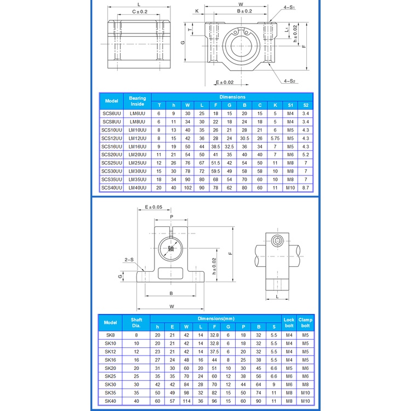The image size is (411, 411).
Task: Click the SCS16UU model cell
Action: [112, 146]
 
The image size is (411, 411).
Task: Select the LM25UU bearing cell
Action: [138, 163]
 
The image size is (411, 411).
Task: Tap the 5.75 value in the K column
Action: [275, 138]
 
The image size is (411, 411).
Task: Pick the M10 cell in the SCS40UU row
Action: [290, 187]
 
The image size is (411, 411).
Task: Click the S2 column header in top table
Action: [306, 105]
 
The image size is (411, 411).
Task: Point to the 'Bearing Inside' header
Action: [138, 101]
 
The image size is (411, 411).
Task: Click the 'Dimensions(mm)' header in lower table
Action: [216, 318]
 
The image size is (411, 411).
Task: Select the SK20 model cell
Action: [110, 368]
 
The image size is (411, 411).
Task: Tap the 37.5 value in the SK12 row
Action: [214, 351]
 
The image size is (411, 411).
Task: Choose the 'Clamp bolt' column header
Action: [305, 323]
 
